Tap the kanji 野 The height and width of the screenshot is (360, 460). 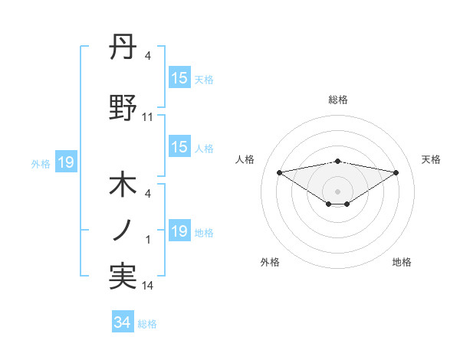(x=123, y=109)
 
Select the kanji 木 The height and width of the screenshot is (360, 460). (x=123, y=186)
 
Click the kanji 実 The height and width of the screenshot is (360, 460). (x=123, y=277)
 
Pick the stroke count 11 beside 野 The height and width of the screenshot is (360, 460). (x=148, y=117)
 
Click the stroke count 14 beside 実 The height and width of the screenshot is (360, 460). (x=148, y=286)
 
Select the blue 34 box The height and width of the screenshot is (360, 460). (x=123, y=322)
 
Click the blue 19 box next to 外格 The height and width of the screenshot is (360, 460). (x=65, y=162)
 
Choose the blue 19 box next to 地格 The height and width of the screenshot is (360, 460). (x=179, y=231)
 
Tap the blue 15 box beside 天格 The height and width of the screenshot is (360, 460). (x=179, y=78)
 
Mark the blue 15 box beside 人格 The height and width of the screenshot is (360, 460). (x=179, y=147)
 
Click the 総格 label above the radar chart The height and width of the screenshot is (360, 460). (x=337, y=100)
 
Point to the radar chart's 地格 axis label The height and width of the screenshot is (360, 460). (x=402, y=263)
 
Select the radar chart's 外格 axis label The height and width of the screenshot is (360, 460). (x=270, y=263)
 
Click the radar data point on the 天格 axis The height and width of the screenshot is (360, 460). (x=396, y=172)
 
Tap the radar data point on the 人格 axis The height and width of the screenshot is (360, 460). (x=280, y=172)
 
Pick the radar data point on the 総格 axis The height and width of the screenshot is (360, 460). (x=337, y=161)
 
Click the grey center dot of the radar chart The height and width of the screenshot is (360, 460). (x=337, y=191)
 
